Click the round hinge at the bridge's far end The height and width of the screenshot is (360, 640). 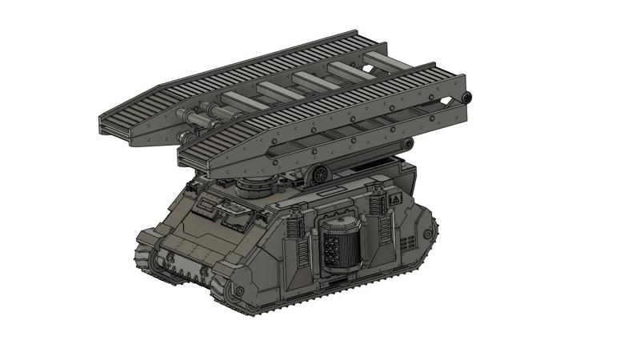[x=468, y=98]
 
